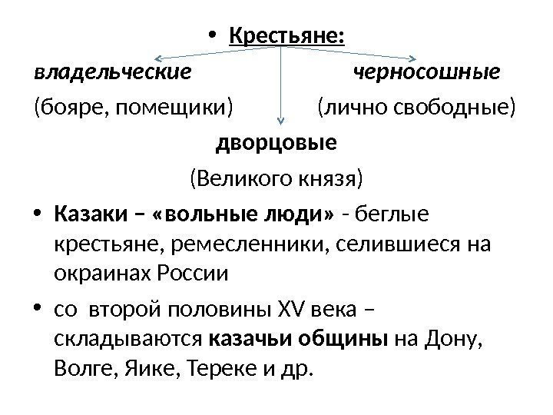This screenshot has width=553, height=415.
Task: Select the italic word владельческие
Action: click(112, 73)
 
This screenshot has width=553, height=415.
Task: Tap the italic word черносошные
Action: click(426, 73)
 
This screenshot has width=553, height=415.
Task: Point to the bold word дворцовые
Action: click(276, 144)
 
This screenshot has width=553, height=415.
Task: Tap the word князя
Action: click(333, 179)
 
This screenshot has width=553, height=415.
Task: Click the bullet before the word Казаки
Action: click(39, 215)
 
